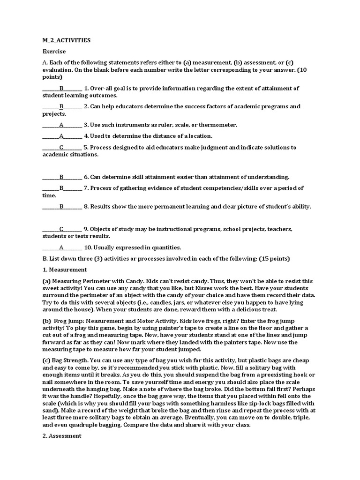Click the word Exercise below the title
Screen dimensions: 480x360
54,51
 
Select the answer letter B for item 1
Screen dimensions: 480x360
61,88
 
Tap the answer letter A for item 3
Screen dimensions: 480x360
61,125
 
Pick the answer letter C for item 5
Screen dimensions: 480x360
61,147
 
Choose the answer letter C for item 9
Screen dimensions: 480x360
61,229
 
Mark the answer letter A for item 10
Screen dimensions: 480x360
61,247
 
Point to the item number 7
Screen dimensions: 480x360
86,188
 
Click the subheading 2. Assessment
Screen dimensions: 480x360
62,435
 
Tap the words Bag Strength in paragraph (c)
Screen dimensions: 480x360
70,360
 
